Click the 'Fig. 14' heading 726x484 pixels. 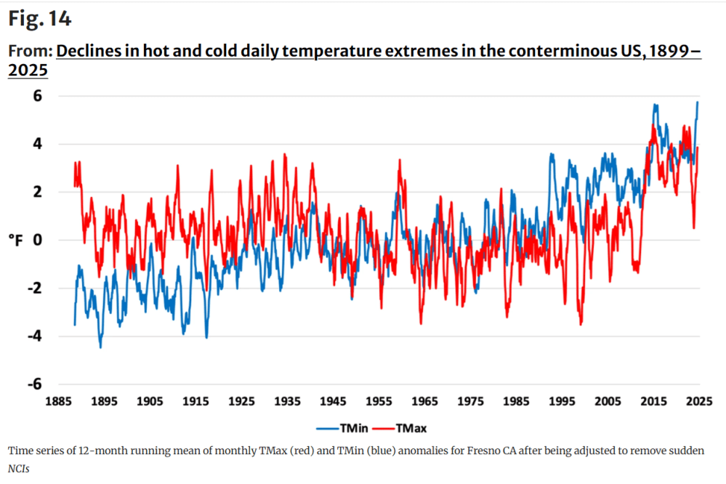40,19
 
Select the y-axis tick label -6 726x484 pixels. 34,384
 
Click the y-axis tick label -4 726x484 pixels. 34,336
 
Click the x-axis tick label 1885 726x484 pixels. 58,401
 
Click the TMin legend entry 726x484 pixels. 333,428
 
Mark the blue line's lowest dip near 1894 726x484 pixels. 100,347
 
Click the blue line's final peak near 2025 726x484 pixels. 698,102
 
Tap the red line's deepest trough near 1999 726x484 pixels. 581,324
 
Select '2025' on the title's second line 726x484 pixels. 28,70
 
